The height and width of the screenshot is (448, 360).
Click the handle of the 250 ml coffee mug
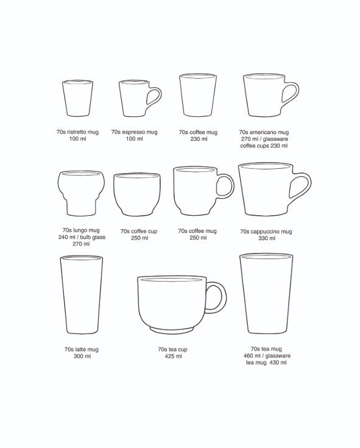tap(231, 186)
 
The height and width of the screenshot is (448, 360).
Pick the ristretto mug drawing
tap(77, 98)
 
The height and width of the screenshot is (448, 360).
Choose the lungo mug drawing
tap(81, 193)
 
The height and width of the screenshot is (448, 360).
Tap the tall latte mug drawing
tap(82, 294)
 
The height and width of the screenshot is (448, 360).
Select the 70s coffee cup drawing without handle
tap(137, 194)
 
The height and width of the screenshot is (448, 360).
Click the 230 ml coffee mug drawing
tap(198, 95)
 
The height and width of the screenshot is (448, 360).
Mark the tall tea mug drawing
tap(266, 293)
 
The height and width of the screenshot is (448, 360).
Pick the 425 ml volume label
tap(173, 357)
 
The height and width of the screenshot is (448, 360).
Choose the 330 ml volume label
tap(267, 238)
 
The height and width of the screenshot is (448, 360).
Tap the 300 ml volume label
tap(82, 357)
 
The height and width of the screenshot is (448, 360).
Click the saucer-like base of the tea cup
tap(172, 330)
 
